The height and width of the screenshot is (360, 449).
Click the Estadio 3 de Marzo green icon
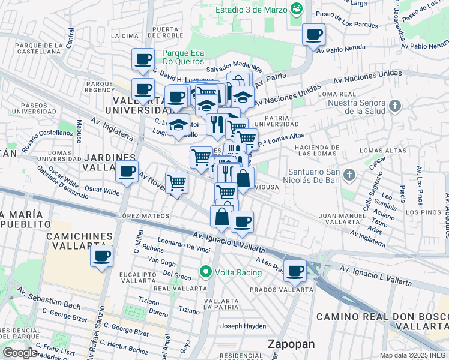295,9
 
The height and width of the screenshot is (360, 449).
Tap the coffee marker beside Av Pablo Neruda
313,35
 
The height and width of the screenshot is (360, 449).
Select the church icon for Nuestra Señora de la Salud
394,106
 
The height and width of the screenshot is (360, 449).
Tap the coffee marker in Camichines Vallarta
101,256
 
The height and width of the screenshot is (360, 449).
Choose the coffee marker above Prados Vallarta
295,271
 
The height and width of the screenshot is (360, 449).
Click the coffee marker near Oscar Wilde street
127,172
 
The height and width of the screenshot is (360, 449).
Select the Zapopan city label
291,344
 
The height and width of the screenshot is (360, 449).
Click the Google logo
19,353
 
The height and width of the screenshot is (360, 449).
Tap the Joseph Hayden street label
243,326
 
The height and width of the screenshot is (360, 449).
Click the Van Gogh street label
161,262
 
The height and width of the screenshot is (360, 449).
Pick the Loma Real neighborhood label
334,94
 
